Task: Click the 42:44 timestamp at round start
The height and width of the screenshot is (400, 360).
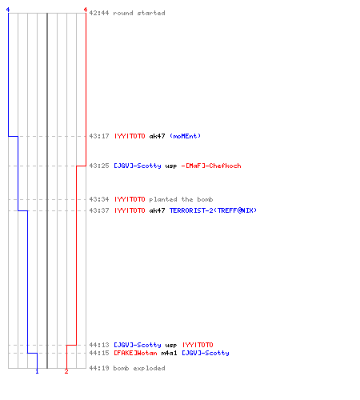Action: tap(99, 13)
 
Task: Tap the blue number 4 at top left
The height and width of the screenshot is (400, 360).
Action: tap(8, 10)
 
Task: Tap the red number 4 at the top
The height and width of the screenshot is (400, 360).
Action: tap(86, 10)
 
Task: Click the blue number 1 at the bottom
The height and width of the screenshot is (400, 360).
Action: tap(37, 371)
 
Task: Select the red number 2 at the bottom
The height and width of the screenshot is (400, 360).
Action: tap(66, 371)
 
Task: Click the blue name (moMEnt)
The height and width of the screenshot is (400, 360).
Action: tap(185, 136)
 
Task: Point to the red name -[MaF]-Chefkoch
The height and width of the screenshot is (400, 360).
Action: tap(211, 166)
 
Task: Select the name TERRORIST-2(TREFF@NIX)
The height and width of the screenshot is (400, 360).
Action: tap(213, 210)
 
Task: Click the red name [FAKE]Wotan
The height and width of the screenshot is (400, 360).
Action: tap(135, 353)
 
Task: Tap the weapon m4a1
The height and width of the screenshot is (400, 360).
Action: tap(169, 353)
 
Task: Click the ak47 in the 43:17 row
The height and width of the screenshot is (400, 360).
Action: tap(157, 136)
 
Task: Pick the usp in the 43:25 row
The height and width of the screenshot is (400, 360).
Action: tap(171, 166)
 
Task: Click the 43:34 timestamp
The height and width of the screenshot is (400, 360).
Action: tap(99, 199)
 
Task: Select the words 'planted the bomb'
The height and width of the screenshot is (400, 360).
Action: tap(181, 199)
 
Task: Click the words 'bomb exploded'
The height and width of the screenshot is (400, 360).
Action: tap(139, 368)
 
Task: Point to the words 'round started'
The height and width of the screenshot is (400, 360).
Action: tap(139, 13)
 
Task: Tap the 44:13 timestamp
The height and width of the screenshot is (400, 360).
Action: tap(99, 345)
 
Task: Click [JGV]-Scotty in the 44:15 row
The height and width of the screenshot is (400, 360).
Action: tap(206, 353)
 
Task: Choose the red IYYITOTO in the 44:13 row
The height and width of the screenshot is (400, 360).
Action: tap(198, 345)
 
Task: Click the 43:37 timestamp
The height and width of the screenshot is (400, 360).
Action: tap(99, 210)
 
